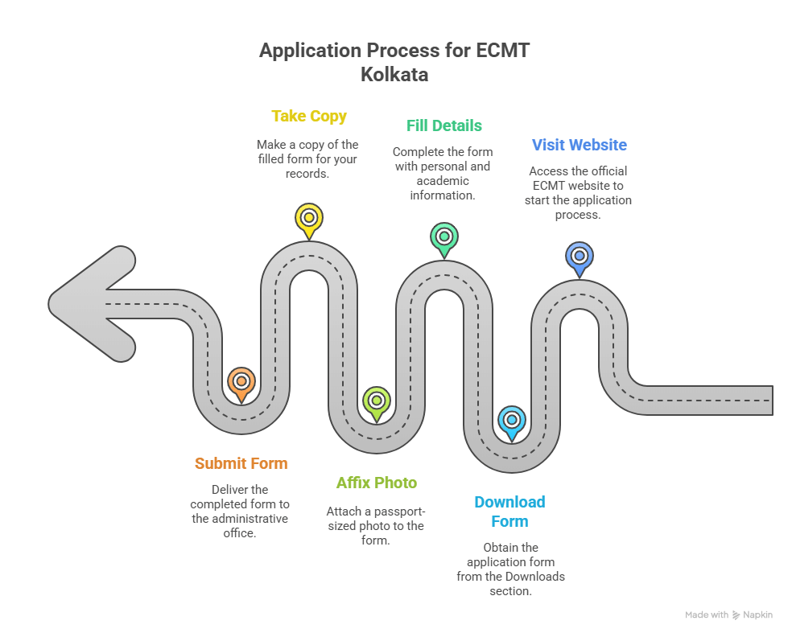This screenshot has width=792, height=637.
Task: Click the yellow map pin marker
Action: (308, 218)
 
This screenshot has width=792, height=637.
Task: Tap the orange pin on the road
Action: (241, 381)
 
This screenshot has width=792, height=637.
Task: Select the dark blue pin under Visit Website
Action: (579, 257)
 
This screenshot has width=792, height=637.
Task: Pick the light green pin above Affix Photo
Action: (376, 401)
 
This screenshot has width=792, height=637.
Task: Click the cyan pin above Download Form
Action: (511, 420)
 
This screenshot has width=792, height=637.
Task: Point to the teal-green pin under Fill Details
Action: (443, 237)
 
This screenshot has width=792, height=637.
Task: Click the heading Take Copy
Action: (309, 116)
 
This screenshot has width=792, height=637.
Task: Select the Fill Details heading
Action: (443, 125)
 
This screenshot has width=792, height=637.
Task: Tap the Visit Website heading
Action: (579, 145)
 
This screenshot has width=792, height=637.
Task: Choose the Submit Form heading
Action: (241, 463)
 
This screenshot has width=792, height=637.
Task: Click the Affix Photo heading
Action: (376, 483)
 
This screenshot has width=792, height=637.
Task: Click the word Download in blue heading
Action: (509, 502)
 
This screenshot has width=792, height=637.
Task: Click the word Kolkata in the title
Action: (394, 75)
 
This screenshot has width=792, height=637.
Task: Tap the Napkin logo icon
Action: (736, 615)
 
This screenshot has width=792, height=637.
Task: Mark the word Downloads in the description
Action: (535, 576)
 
